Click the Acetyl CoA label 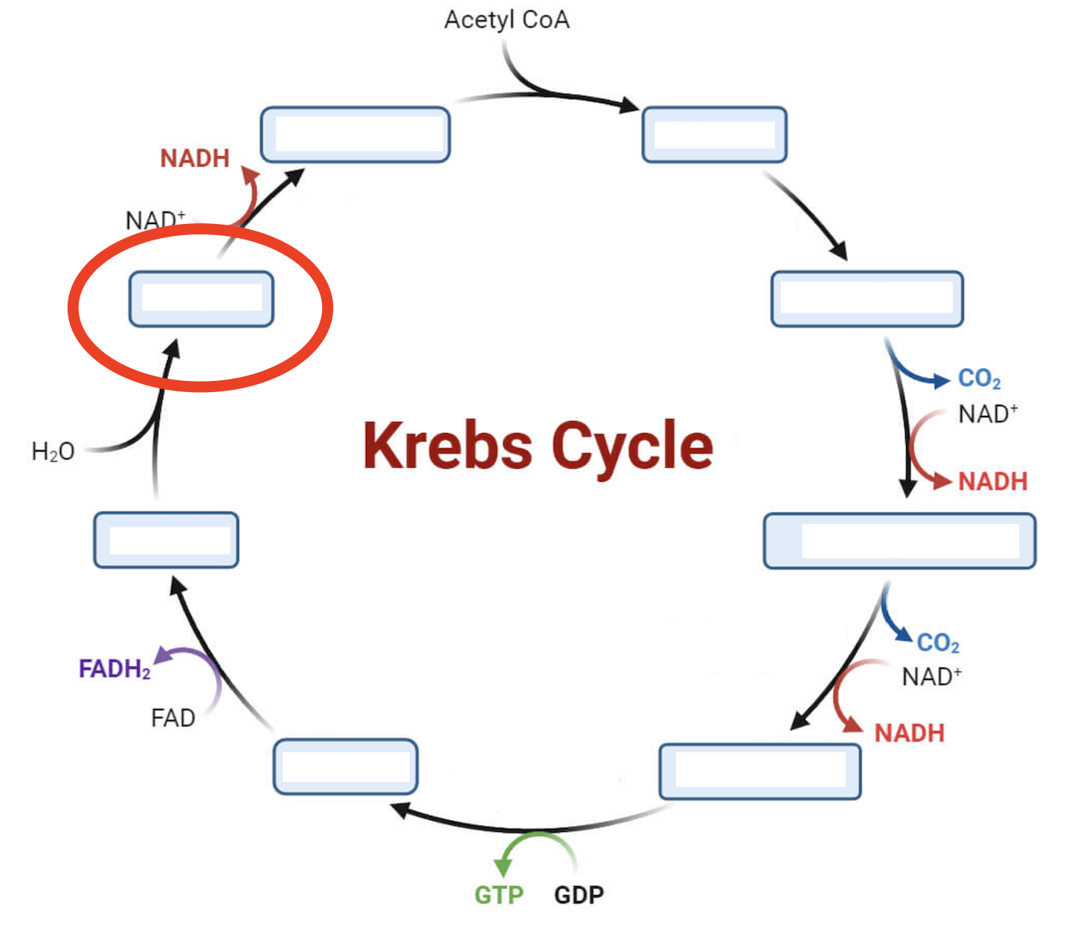(x=507, y=19)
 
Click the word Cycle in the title (x=632, y=446)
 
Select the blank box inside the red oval (x=201, y=299)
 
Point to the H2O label (x=53, y=452)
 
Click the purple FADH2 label (x=115, y=669)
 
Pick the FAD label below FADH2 (x=173, y=718)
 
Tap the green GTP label (x=499, y=894)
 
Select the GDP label (x=579, y=894)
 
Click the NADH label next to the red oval (x=195, y=158)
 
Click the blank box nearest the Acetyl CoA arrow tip (x=714, y=135)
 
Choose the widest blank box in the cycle (x=899, y=541)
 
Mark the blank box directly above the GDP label (x=759, y=772)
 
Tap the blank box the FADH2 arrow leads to (x=166, y=540)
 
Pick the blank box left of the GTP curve (x=345, y=766)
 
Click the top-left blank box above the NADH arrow (x=355, y=135)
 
